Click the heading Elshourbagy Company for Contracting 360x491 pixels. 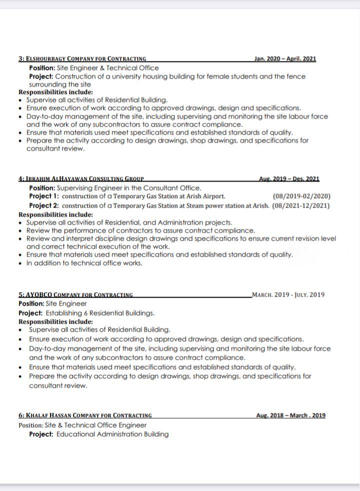(x=82, y=59)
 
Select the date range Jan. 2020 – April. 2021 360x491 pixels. (x=285, y=59)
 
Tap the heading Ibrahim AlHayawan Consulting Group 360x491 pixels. (x=81, y=179)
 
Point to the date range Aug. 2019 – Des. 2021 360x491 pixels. (x=289, y=179)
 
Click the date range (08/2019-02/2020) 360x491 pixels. (x=301, y=196)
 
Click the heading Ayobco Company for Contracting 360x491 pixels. (x=75, y=294)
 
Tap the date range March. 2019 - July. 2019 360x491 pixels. (x=288, y=294)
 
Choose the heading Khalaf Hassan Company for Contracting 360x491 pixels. (x=85, y=415)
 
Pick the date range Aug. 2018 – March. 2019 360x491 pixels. (x=290, y=415)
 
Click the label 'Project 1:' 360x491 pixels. (x=44, y=196)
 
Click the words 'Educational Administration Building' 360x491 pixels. (x=112, y=434)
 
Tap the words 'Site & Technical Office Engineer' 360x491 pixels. (x=95, y=425)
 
